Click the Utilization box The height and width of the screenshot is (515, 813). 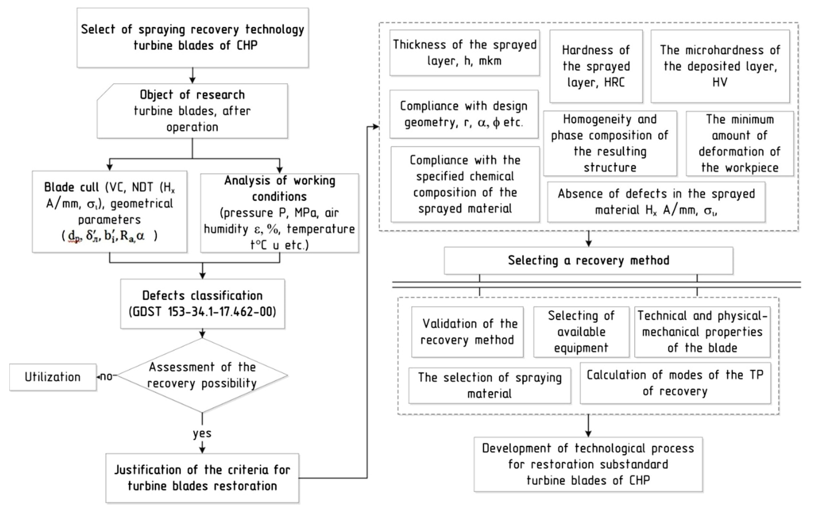pyautogui.click(x=53, y=377)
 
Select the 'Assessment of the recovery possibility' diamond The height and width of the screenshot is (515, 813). pyautogui.click(x=202, y=375)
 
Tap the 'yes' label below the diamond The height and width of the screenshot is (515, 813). pyautogui.click(x=202, y=433)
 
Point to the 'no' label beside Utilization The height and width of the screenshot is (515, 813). pyautogui.click(x=106, y=376)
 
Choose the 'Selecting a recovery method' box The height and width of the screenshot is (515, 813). pyautogui.click(x=589, y=260)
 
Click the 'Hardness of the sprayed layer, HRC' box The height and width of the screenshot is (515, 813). pyautogui.click(x=596, y=66)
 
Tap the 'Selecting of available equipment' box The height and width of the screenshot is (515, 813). pyautogui.click(x=581, y=332)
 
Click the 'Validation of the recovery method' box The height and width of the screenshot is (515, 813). pyautogui.click(x=467, y=332)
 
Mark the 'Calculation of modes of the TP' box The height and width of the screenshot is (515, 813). pyautogui.click(x=675, y=383)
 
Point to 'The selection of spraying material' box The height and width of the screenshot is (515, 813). pyautogui.click(x=490, y=385)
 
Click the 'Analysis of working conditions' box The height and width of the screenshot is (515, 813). pyautogui.click(x=280, y=213)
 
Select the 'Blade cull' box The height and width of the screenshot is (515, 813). pyautogui.click(x=109, y=211)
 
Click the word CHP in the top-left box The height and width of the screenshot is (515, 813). pyautogui.click(x=247, y=45)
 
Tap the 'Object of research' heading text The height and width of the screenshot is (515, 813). pyautogui.click(x=192, y=95)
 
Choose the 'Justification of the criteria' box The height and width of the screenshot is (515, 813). pyautogui.click(x=202, y=478)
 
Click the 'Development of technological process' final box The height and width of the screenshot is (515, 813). pyautogui.click(x=588, y=464)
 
